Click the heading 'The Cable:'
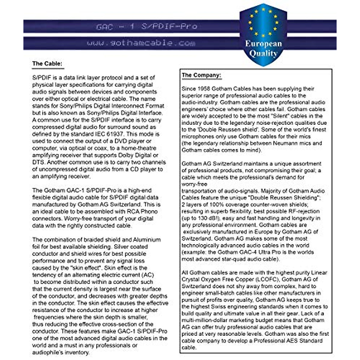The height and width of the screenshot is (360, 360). (47, 64)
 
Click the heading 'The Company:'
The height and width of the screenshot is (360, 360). (201, 75)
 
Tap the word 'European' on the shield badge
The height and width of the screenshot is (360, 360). (263, 44)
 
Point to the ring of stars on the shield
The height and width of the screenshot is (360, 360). (263, 22)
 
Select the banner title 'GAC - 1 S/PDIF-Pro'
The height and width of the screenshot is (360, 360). (147, 26)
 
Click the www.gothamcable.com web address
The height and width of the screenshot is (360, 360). (141, 43)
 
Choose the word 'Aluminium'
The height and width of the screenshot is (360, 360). (147, 240)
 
